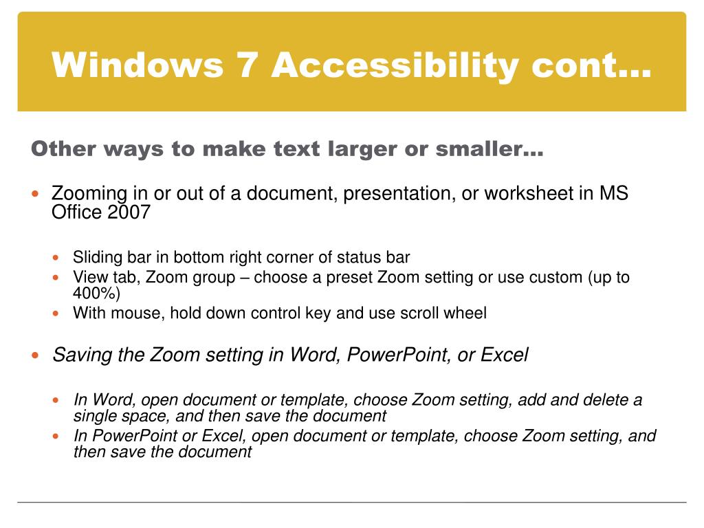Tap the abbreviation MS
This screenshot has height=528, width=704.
[x=613, y=193]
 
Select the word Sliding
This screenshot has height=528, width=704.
[x=97, y=258]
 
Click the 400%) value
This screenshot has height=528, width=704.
[x=97, y=294]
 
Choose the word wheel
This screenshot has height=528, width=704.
[x=464, y=313]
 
